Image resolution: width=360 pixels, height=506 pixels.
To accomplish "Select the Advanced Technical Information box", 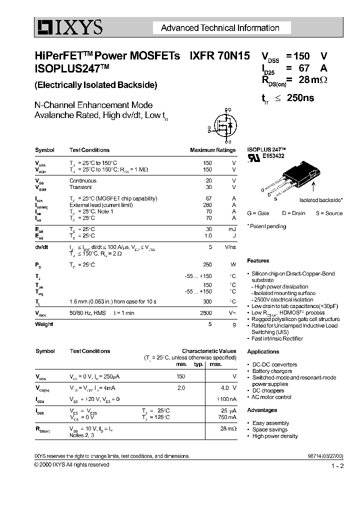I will coord(220,28).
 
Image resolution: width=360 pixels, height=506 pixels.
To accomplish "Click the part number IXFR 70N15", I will coord(219,56).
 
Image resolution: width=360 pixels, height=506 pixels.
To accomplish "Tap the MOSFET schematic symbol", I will coord(223,126).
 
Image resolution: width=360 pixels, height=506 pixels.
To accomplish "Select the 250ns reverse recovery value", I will coord(300,98).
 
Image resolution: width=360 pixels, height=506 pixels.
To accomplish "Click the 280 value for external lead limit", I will coord(207,205).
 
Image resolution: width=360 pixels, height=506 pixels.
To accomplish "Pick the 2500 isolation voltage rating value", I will coord(206,313).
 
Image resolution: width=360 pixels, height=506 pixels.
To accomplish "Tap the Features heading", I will coord(258,260).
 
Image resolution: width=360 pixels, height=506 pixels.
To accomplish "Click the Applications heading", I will coord(263,351).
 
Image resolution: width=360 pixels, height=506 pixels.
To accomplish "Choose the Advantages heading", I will coord(262,410).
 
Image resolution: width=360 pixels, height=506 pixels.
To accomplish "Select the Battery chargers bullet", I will coord(271,371).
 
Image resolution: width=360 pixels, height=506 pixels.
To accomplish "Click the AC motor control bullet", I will coord(271,397).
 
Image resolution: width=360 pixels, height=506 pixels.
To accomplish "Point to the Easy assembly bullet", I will coord(270,423).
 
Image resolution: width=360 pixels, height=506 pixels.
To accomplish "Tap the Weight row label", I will coord(44,324).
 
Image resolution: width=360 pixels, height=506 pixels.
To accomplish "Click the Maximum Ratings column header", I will coord(212,150).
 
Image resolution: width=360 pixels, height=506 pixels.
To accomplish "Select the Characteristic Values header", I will coord(208,351).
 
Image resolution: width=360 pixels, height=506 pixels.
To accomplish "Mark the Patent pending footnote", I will coord(267,226).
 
